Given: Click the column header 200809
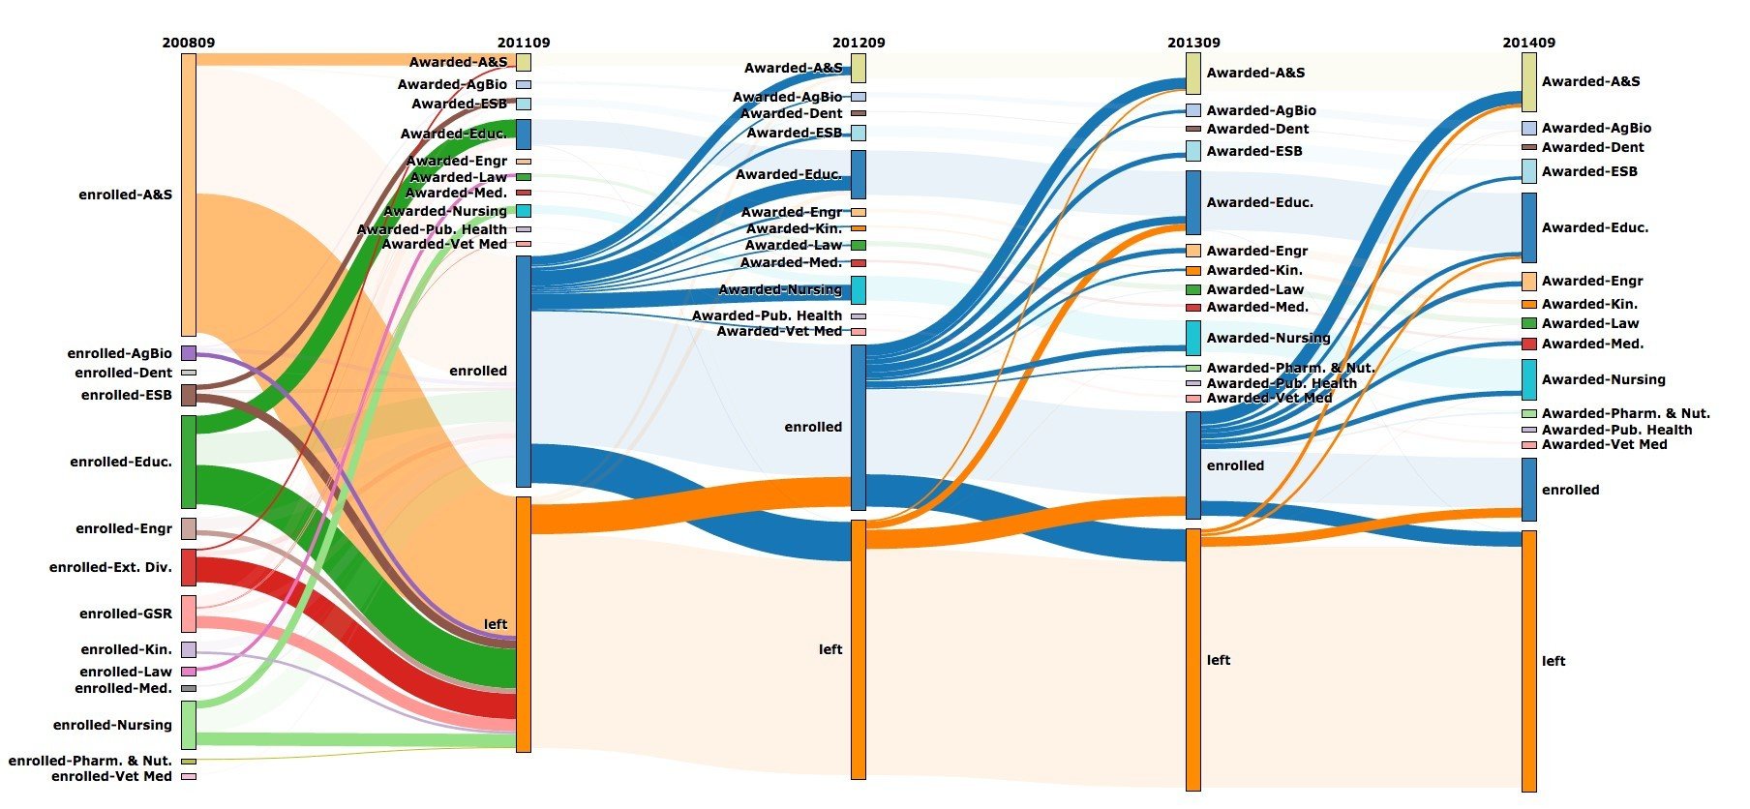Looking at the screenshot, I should coord(188,43).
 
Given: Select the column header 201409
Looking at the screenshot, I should coord(1528,43).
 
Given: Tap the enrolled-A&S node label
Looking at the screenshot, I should coord(126,195).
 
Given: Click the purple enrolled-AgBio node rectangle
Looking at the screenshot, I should coord(189,353).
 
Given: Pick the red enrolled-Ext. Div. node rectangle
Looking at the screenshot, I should coord(189,567).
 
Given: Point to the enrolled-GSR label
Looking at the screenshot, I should coord(126,614).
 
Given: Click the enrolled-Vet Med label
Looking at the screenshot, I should coord(111,776).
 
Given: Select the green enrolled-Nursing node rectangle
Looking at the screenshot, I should coord(189,725).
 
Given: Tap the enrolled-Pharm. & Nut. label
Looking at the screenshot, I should coord(90,761).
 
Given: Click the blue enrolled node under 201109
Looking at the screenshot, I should coord(524,371).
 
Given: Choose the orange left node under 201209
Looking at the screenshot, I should coord(859,649).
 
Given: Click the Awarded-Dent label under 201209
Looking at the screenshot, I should coord(792,113).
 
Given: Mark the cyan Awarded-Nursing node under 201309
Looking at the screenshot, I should coord(1193,338).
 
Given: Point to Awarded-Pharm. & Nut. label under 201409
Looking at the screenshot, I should coord(1625,413).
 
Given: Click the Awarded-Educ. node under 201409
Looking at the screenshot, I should coord(1529,227).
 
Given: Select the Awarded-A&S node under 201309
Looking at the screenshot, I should coord(1193,73).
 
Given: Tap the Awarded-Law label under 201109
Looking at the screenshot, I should coord(458,177).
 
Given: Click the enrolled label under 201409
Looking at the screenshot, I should coord(1570,490).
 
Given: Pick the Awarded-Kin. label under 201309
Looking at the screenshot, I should coord(1254,270).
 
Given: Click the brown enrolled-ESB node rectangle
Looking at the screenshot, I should coord(189,395).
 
